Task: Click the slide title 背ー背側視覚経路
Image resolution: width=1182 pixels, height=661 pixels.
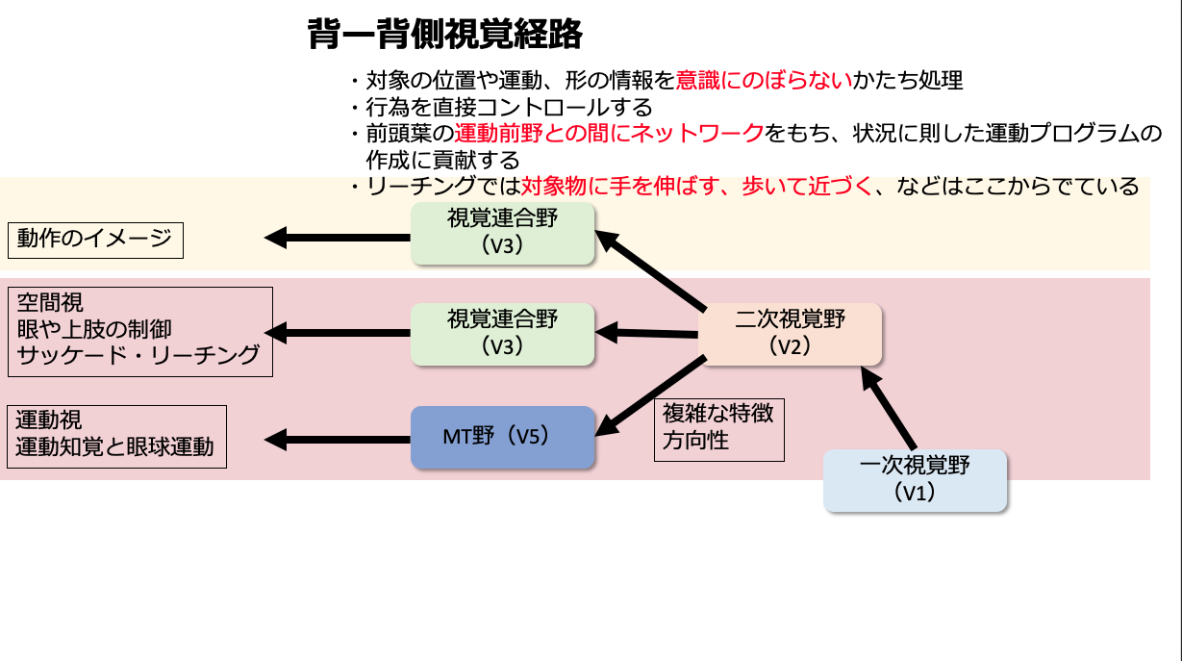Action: coord(444,36)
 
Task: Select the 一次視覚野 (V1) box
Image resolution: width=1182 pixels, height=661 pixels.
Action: coord(915,480)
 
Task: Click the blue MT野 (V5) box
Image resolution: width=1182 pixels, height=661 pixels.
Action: coord(502,437)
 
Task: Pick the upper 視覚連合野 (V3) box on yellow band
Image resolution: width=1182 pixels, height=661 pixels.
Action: coord(502,232)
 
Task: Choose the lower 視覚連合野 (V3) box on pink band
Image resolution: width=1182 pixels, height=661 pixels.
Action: coord(502,334)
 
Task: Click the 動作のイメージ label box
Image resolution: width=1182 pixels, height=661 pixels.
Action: coord(95,239)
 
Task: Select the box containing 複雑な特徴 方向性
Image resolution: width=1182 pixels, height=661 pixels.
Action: coord(719,429)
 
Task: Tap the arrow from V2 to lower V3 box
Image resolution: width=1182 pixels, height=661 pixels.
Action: coord(646,333)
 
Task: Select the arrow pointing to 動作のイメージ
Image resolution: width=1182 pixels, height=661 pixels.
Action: coord(337,237)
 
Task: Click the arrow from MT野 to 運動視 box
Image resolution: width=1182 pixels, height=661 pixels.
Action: coord(337,440)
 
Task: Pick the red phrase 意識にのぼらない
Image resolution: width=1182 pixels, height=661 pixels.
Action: coord(765,81)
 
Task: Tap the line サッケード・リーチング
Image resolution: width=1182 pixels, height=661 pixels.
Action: coord(139,356)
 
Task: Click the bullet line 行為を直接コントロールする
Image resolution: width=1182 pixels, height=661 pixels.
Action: coord(509,107)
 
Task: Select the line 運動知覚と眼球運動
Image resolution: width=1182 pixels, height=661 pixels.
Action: coord(115,447)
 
